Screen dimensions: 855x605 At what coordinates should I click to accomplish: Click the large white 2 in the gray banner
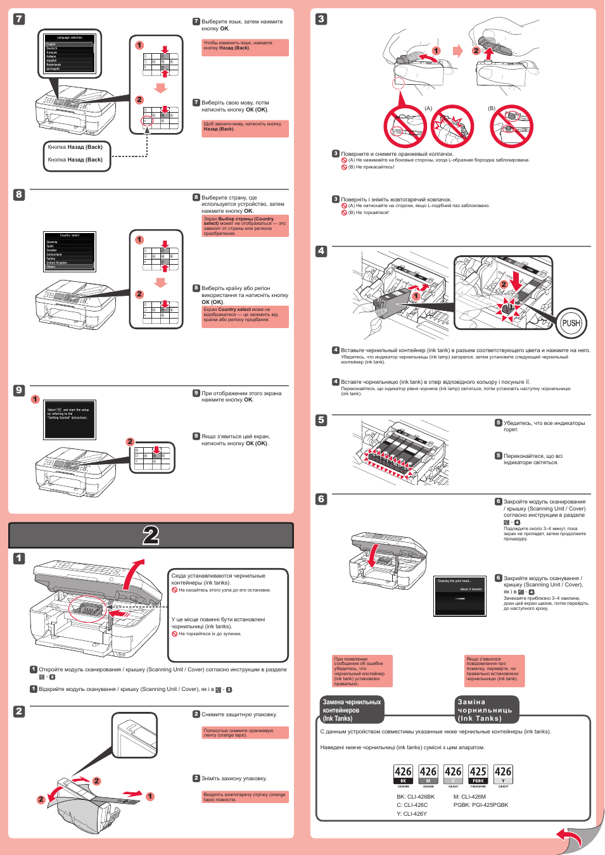click(x=151, y=535)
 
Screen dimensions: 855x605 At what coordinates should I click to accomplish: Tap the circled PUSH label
click(x=571, y=323)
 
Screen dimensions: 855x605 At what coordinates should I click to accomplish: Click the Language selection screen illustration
click(x=70, y=53)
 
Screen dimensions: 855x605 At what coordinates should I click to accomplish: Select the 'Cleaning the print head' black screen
click(x=460, y=595)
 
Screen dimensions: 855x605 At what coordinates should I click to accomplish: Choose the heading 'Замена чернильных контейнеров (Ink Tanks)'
click(x=352, y=710)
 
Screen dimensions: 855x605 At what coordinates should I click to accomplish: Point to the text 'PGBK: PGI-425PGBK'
click(x=481, y=805)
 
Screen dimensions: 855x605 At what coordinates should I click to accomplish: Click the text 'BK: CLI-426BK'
click(x=416, y=797)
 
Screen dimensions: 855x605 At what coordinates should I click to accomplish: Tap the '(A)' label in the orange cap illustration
click(x=428, y=108)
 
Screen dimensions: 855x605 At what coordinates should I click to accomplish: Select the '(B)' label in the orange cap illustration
click(x=492, y=108)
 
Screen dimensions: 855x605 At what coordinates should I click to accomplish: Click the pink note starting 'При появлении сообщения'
click(x=363, y=671)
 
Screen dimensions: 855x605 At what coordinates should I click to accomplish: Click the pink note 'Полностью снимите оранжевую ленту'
click(x=245, y=733)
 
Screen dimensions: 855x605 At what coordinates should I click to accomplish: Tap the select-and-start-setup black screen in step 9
click(x=70, y=418)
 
